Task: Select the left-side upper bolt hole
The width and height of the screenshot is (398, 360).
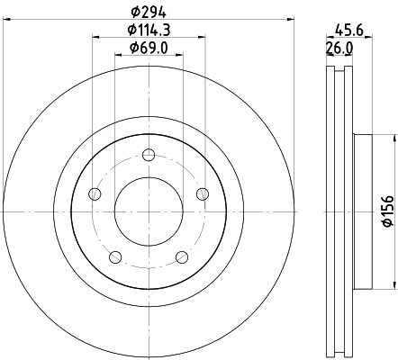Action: [95, 193]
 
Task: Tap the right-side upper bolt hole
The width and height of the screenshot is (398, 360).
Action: [203, 193]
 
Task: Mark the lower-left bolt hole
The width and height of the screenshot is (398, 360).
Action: [115, 258]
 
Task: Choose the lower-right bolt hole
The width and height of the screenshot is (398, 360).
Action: [182, 258]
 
